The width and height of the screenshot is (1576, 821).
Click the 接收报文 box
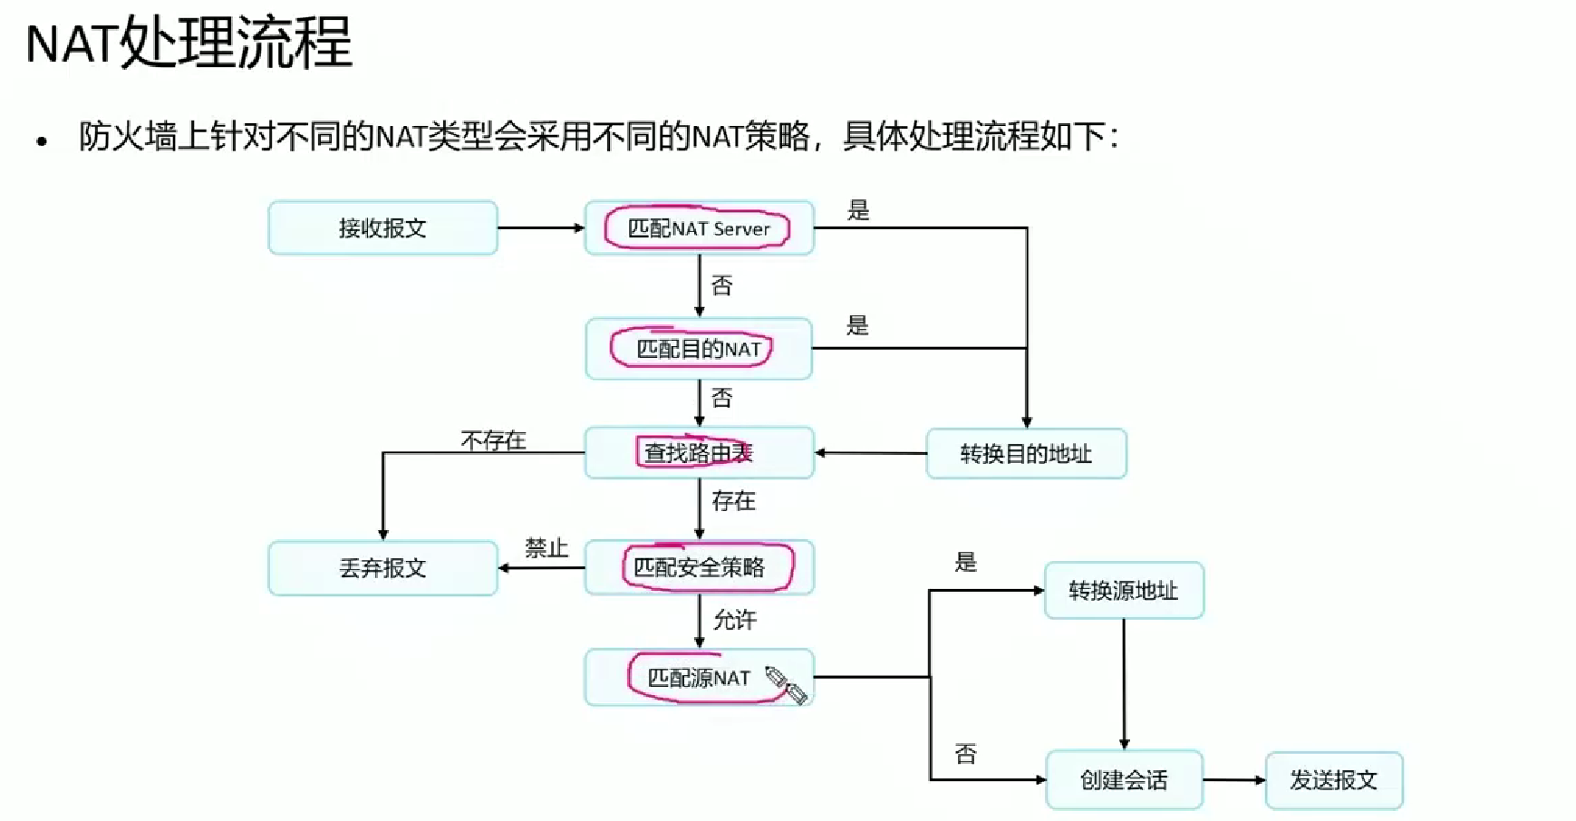pos(382,227)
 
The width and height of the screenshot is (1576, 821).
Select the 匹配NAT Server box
pos(699,228)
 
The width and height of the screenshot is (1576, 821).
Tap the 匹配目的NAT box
pos(699,349)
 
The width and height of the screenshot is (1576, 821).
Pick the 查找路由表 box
pos(699,452)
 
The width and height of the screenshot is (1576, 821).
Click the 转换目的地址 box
pos(1026,453)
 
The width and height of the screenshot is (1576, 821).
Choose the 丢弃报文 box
pos(382,568)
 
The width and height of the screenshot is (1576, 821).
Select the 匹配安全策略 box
pos(699,567)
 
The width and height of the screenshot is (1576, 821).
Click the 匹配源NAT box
pos(699,677)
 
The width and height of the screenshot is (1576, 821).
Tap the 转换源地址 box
pos(1124,591)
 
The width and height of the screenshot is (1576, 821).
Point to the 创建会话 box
pos(1124,779)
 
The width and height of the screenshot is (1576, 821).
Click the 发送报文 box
pos(1333,779)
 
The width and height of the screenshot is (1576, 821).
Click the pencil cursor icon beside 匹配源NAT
pos(785,684)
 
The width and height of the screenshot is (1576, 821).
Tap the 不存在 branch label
pos(493,440)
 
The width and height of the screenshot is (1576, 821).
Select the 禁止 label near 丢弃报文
pos(546,548)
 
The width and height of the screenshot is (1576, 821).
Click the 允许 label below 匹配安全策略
pos(734,620)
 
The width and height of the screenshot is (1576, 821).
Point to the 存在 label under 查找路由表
pos(733,501)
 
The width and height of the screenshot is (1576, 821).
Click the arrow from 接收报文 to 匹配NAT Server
pos(541,228)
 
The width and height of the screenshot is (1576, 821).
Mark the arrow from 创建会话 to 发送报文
pos(1233,779)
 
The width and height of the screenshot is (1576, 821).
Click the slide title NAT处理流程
pos(189,43)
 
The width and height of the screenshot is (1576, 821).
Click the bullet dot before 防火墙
pos(41,141)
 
